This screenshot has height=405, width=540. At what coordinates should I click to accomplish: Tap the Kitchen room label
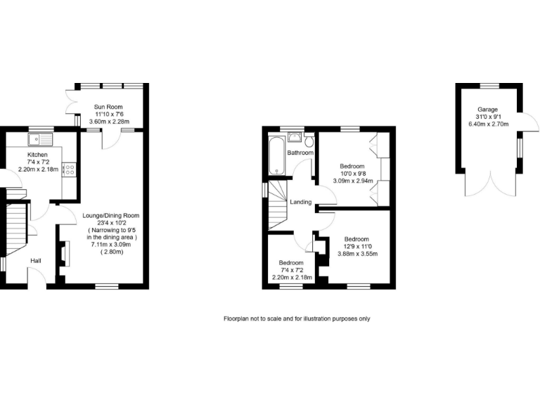37,155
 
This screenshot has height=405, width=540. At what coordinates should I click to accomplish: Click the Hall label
35,261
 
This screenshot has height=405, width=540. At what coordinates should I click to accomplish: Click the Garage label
487,110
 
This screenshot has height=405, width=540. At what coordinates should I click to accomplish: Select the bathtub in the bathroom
275,155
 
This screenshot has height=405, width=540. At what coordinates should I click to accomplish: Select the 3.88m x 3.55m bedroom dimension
361,254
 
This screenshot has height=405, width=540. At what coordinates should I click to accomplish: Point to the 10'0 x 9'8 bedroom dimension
352,174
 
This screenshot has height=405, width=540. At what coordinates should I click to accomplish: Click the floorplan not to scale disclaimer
297,319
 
